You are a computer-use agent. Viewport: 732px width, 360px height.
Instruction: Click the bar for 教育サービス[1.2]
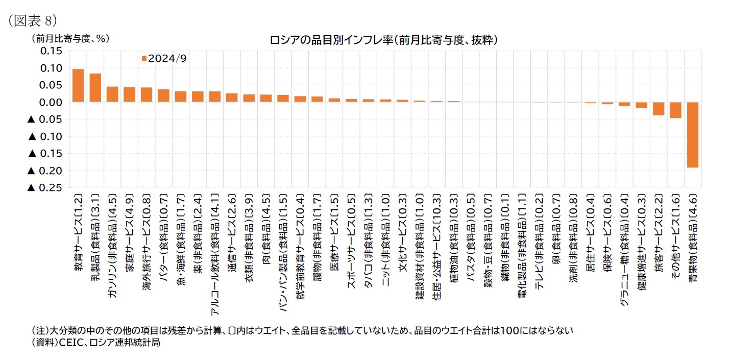coord(78,86)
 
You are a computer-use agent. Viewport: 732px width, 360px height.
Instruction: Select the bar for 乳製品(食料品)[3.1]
coord(95,88)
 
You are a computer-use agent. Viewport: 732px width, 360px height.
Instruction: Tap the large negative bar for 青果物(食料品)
coord(692,135)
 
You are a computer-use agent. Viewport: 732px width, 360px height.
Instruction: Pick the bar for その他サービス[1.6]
coord(675,110)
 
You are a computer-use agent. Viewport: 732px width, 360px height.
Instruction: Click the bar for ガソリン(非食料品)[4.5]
coord(112,94)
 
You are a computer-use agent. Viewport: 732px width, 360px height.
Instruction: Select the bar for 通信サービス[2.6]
coord(232,98)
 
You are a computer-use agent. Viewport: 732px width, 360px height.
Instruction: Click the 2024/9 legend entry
coord(164,58)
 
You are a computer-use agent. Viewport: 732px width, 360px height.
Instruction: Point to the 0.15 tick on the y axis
coord(50,51)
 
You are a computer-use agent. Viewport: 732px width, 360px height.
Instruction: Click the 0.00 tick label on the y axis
coord(50,102)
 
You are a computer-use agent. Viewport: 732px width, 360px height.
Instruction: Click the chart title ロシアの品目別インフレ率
coord(383,39)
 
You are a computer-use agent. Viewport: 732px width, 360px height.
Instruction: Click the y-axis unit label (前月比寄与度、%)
coord(70,38)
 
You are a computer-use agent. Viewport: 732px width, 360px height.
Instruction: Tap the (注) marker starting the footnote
coord(40,330)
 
